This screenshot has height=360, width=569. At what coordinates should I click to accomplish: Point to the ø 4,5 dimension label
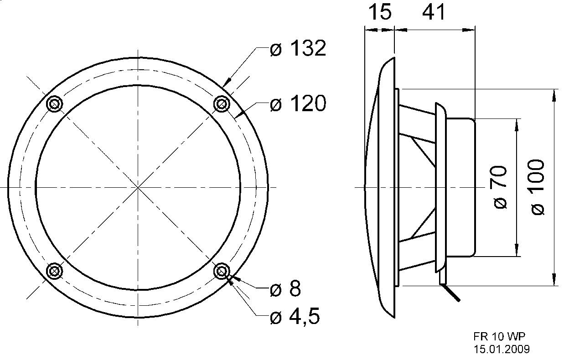point(294,316)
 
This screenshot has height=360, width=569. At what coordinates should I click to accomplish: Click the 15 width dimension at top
point(379,12)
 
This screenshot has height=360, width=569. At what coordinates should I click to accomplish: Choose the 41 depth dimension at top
point(434,12)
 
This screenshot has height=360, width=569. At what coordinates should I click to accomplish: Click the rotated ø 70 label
point(500,187)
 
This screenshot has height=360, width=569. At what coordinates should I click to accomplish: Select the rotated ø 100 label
point(538,187)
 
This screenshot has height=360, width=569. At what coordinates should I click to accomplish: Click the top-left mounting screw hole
point(54,104)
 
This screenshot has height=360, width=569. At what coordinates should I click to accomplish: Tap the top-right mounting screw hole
point(221,104)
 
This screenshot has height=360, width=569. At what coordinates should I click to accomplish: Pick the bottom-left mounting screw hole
point(54,272)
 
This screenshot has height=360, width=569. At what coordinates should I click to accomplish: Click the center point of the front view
point(138,187)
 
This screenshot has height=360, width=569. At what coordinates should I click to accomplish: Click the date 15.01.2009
point(502,350)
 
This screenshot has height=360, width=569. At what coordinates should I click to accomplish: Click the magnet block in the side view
point(460,187)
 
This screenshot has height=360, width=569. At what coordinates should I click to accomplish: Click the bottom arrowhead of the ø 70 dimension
point(517,252)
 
